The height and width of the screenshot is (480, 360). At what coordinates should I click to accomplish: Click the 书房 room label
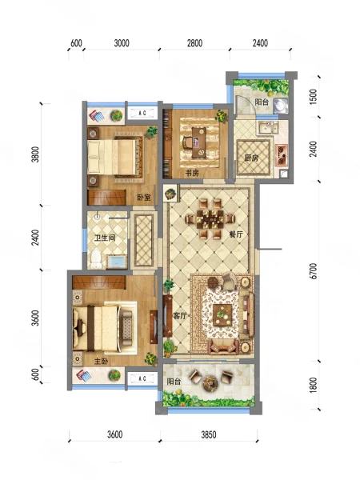(x=192, y=173)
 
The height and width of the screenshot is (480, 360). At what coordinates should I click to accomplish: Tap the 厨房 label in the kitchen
(x=251, y=158)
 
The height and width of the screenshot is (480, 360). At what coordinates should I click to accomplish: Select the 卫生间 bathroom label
(x=105, y=238)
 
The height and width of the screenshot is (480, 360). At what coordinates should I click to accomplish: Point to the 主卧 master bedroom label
(x=101, y=362)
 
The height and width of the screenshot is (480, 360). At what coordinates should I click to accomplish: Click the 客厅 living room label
(x=180, y=316)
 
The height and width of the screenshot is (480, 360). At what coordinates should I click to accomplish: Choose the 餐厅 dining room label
(x=236, y=234)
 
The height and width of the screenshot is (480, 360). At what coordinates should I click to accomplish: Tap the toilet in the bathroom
(x=96, y=259)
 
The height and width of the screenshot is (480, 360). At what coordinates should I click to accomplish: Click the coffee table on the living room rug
(x=222, y=314)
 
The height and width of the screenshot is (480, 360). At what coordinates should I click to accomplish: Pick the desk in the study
(x=199, y=142)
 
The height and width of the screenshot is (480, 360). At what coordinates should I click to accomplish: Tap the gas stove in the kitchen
(x=281, y=155)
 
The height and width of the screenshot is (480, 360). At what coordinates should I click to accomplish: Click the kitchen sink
(x=268, y=127)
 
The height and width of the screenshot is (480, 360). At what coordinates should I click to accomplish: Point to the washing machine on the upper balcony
(x=281, y=106)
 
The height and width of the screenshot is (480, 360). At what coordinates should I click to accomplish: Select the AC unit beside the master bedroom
(x=142, y=378)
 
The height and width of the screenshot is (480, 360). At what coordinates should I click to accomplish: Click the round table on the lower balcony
(x=210, y=382)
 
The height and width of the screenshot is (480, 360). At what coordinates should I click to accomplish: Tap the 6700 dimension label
(x=313, y=271)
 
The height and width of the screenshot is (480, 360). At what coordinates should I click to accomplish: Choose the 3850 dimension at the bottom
(x=209, y=434)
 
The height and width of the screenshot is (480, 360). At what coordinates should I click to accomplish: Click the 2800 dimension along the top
(x=194, y=43)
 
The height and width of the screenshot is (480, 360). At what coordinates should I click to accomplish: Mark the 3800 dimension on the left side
(x=36, y=154)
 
